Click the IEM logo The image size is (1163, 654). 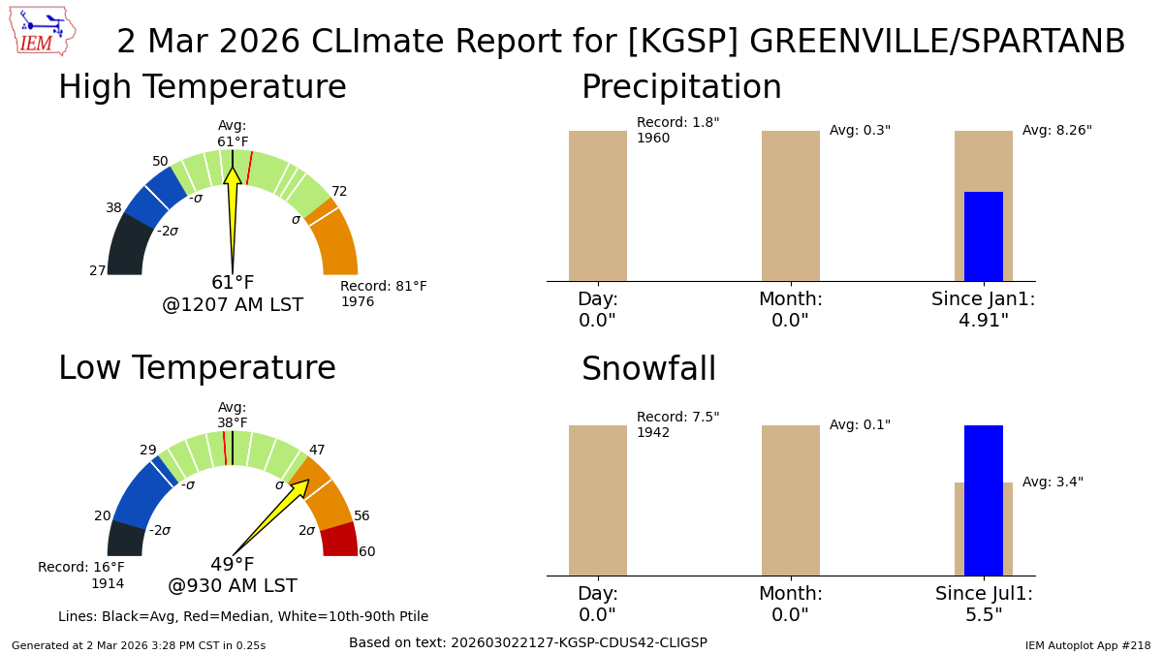(x=42, y=32)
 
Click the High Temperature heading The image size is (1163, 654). (x=202, y=88)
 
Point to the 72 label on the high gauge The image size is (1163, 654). (x=339, y=192)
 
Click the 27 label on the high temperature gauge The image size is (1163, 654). (x=98, y=271)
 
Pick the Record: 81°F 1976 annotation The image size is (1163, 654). (x=383, y=295)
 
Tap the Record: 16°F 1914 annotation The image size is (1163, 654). (x=81, y=576)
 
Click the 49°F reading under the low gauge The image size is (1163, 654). (x=233, y=565)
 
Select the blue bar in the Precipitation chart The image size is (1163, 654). (x=983, y=236)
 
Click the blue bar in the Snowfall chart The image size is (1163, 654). (x=983, y=500)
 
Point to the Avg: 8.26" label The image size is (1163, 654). (x=1056, y=131)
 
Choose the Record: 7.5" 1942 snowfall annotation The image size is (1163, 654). (x=677, y=425)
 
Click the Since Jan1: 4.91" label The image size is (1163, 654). (x=983, y=310)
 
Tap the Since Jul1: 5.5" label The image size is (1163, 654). (x=983, y=605)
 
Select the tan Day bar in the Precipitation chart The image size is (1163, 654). (x=597, y=205)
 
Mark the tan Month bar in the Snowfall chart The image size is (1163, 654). (x=790, y=500)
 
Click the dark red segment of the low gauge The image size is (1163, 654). (x=339, y=540)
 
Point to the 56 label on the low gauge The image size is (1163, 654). (x=361, y=516)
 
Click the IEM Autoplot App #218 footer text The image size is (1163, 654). (x=1087, y=645)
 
